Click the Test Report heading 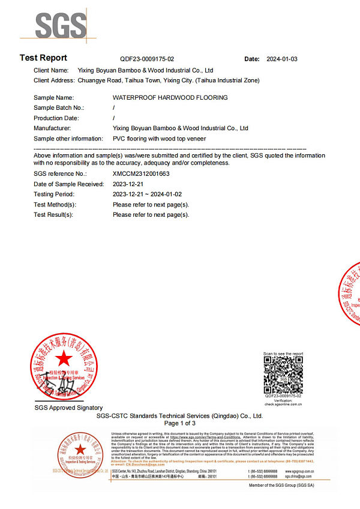click(43, 58)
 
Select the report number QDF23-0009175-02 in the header click(147, 59)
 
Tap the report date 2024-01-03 click(282, 59)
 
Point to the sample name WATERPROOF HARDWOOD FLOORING click(170, 97)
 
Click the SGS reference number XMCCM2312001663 click(141, 173)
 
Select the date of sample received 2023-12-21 click(128, 184)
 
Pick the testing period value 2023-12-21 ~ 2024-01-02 click(146, 194)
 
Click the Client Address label click(54, 80)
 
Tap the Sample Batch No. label click(59, 107)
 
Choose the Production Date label click(56, 118)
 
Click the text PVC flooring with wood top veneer click(159, 139)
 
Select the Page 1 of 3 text click(180, 423)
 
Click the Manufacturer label click(52, 128)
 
